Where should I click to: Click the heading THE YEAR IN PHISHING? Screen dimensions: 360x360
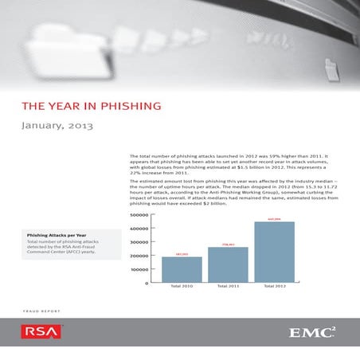pos(91,105)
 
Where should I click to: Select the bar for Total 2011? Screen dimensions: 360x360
pos(228,265)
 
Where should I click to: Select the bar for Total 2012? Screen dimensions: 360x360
pos(274,252)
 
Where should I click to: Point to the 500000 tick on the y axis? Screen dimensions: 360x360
pos(138,215)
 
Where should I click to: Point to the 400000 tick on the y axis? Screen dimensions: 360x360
pos(138,229)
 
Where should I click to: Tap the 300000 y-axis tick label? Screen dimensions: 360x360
pos(138,242)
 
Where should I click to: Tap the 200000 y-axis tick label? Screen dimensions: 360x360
pos(138,256)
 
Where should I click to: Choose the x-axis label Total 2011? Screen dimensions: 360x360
pos(228,288)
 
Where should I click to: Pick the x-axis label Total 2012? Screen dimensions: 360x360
pos(274,288)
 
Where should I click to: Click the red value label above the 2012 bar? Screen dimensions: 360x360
pos(274,218)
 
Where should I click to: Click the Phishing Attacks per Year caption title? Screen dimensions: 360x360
pos(62,236)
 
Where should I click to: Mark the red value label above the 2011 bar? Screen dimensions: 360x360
pos(228,244)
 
